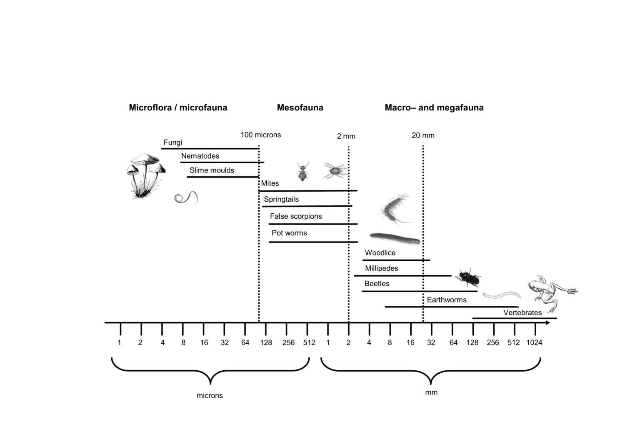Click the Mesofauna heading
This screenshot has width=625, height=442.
coord(300,107)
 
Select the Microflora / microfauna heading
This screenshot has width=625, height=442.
coord(178,107)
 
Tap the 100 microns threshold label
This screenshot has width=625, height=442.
coord(260,135)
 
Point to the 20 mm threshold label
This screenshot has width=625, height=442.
coord(423,135)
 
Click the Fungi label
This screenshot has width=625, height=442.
coord(173,142)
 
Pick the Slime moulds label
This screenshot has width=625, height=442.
coord(212,170)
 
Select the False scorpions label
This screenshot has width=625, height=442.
coord(296,216)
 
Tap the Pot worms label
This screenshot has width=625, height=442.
coord(289,233)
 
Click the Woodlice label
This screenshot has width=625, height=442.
coord(380,253)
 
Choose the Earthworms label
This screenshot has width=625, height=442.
coord(447,300)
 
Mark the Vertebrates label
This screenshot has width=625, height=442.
coord(522,312)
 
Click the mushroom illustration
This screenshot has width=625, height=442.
coord(146,176)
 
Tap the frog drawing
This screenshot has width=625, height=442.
coord(552,293)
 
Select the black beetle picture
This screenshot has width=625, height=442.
coord(468,278)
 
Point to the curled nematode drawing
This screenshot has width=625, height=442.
coord(186,197)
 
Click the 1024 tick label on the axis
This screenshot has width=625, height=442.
coord(534,342)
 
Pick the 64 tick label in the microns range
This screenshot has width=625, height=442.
coord(245,342)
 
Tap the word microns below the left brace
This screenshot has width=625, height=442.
coord(210,396)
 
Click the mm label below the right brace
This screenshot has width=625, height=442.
coord(431,392)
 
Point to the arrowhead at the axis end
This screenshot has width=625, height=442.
coord(548,323)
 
